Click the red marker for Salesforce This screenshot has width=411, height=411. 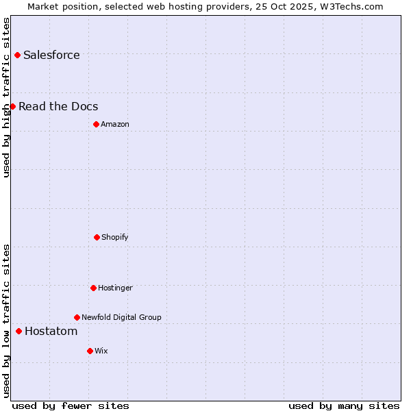pos(17,55)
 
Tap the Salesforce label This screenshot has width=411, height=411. pos(51,55)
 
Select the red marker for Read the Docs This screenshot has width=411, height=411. pos(12,106)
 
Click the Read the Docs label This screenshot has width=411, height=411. pos(58,107)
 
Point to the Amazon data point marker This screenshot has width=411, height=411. pos(96,124)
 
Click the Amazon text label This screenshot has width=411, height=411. pos(115,125)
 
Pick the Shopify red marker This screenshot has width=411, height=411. pos(97,237)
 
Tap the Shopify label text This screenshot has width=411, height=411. pos(115,238)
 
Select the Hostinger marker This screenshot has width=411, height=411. pos(93,288)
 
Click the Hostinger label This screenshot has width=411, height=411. pos(115,288)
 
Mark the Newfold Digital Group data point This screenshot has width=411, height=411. pos(77,317)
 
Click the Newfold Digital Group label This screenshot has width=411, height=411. pos(121,318)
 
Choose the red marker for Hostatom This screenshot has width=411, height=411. pos(18,331)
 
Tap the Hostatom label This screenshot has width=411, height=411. pos(51,332)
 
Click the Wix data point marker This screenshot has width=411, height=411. pos(90,351)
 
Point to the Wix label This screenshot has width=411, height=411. pos(101,351)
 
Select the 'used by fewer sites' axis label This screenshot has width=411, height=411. pos(71,406)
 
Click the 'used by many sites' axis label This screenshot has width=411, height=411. pos(344,406)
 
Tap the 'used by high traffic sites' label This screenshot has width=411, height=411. pos(6,97)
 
